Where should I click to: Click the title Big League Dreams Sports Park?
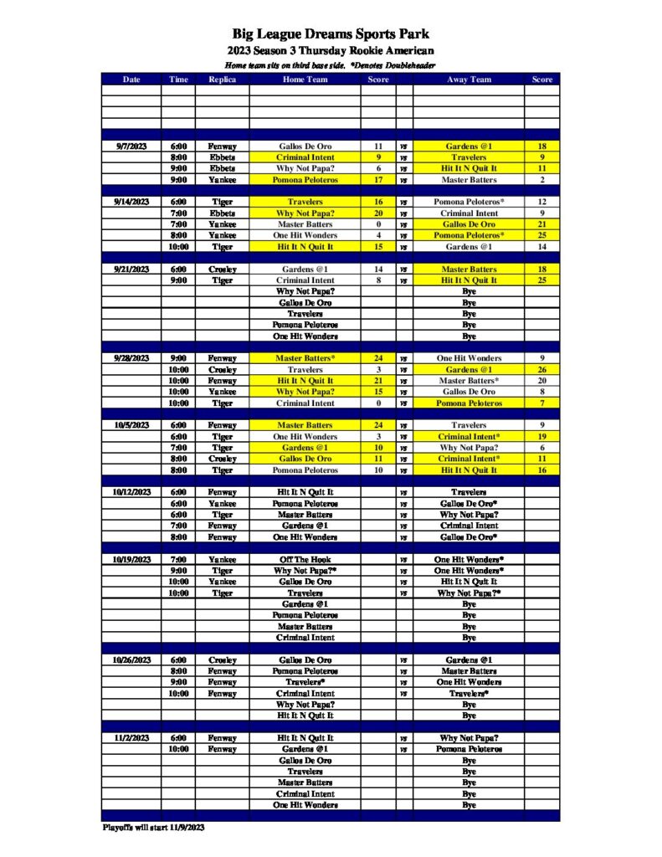pyautogui.click(x=331, y=34)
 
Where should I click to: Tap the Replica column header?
pyautogui.click(x=222, y=80)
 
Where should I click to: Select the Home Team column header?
pyautogui.click(x=305, y=80)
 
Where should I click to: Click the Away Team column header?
pyautogui.click(x=469, y=80)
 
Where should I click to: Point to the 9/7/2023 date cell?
pyautogui.click(x=131, y=146)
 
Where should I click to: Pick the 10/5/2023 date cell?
pyautogui.click(x=131, y=425)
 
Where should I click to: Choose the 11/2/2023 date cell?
pyautogui.click(x=131, y=738)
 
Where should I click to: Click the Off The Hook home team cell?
pyautogui.click(x=305, y=559)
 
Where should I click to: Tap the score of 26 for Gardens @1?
pyautogui.click(x=541, y=370)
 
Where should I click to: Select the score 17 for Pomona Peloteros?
pyautogui.click(x=378, y=180)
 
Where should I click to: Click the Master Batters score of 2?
pyautogui.click(x=541, y=180)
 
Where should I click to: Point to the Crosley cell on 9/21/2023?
pyautogui.click(x=222, y=269)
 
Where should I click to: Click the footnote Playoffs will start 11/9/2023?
pyautogui.click(x=153, y=828)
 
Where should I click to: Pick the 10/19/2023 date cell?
pyautogui.click(x=131, y=559)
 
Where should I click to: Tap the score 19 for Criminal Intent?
pyautogui.click(x=541, y=437)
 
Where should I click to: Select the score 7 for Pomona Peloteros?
pyautogui.click(x=541, y=403)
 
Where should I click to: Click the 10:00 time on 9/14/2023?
pyautogui.click(x=178, y=247)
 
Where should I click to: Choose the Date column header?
pyautogui.click(x=131, y=80)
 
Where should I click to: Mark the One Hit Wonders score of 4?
pyautogui.click(x=378, y=236)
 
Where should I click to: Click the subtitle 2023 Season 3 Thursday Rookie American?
pyautogui.click(x=331, y=52)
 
